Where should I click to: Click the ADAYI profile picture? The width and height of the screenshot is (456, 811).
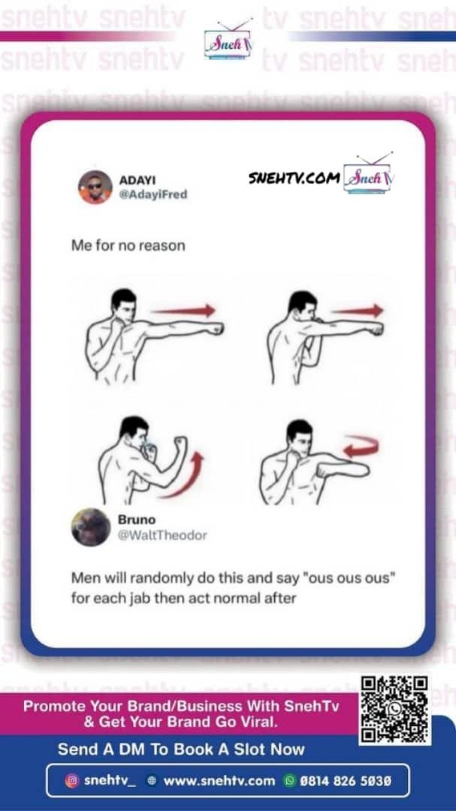[95, 187]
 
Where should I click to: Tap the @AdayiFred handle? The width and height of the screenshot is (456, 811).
[153, 195]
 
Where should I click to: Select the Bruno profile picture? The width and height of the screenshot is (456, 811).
[91, 527]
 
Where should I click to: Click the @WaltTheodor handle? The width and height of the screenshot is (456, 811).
[162, 535]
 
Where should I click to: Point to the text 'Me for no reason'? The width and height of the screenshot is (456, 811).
[128, 245]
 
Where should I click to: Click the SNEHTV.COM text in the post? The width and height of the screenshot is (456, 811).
[294, 178]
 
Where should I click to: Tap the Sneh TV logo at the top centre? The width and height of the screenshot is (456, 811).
[228, 41]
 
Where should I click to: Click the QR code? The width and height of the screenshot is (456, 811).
[395, 710]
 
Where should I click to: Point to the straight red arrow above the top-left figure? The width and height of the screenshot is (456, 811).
[184, 310]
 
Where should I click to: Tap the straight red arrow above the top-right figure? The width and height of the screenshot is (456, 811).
[358, 310]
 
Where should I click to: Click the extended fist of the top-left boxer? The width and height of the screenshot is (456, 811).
[214, 328]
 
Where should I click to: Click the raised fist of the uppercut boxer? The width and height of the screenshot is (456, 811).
[180, 443]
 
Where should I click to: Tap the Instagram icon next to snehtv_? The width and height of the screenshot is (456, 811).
[72, 780]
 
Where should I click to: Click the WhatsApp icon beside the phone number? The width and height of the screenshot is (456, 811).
[289, 780]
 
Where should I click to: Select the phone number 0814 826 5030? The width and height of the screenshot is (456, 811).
[346, 780]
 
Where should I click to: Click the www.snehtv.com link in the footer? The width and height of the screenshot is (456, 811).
[219, 780]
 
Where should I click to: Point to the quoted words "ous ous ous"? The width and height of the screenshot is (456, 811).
[352, 577]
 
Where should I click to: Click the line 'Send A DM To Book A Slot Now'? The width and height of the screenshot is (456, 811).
[181, 749]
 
